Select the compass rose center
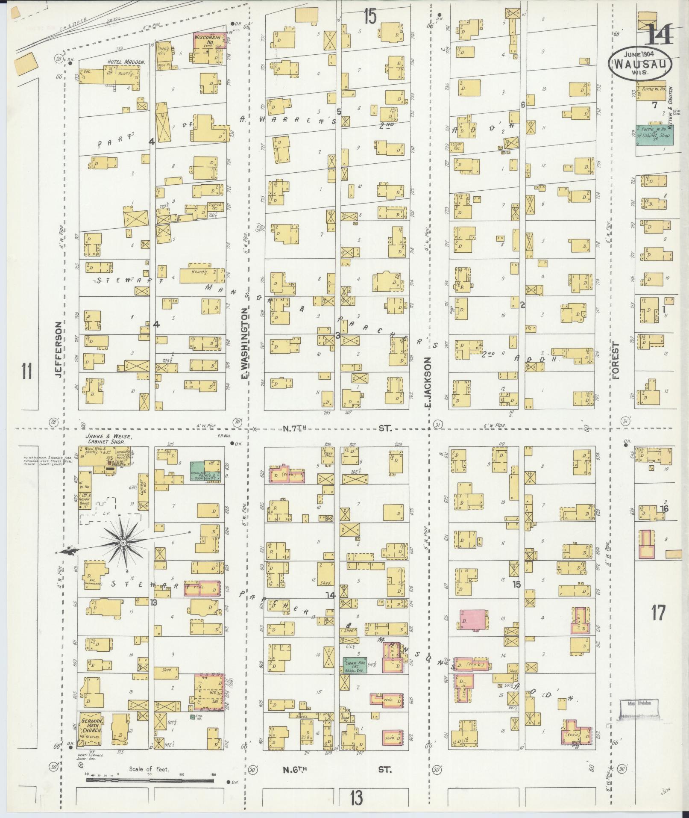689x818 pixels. point(123,543)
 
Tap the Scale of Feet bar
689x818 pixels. point(150,780)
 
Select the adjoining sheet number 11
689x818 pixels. point(27,370)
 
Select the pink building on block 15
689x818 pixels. point(473,620)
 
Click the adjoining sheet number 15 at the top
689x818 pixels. point(370,17)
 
